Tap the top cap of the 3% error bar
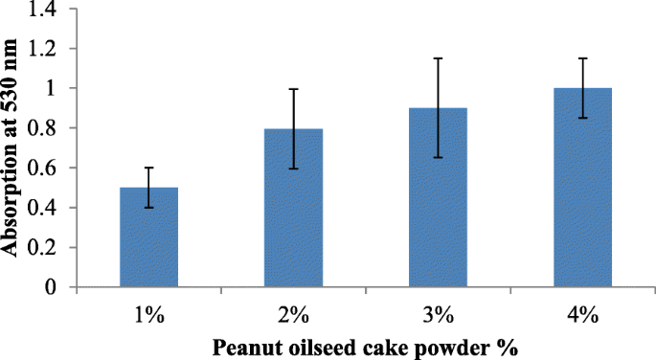click(438, 58)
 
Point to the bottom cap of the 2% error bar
click(292, 169)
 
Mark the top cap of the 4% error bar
click(583, 58)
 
